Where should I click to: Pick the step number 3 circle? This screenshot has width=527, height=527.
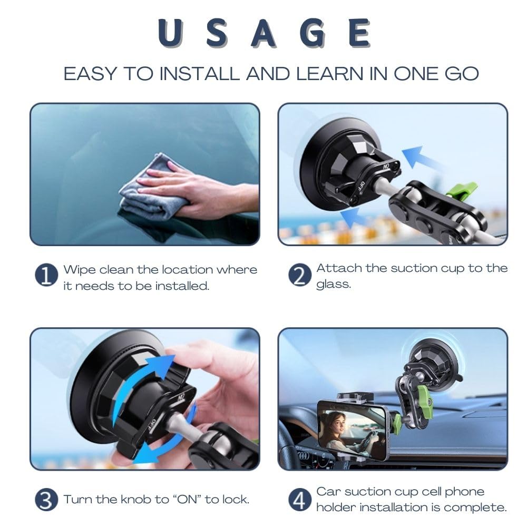pyautogui.click(x=46, y=499)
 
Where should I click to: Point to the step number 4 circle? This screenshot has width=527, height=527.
pyautogui.click(x=299, y=500)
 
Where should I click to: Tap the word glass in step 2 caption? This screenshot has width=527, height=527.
pyautogui.click(x=333, y=284)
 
